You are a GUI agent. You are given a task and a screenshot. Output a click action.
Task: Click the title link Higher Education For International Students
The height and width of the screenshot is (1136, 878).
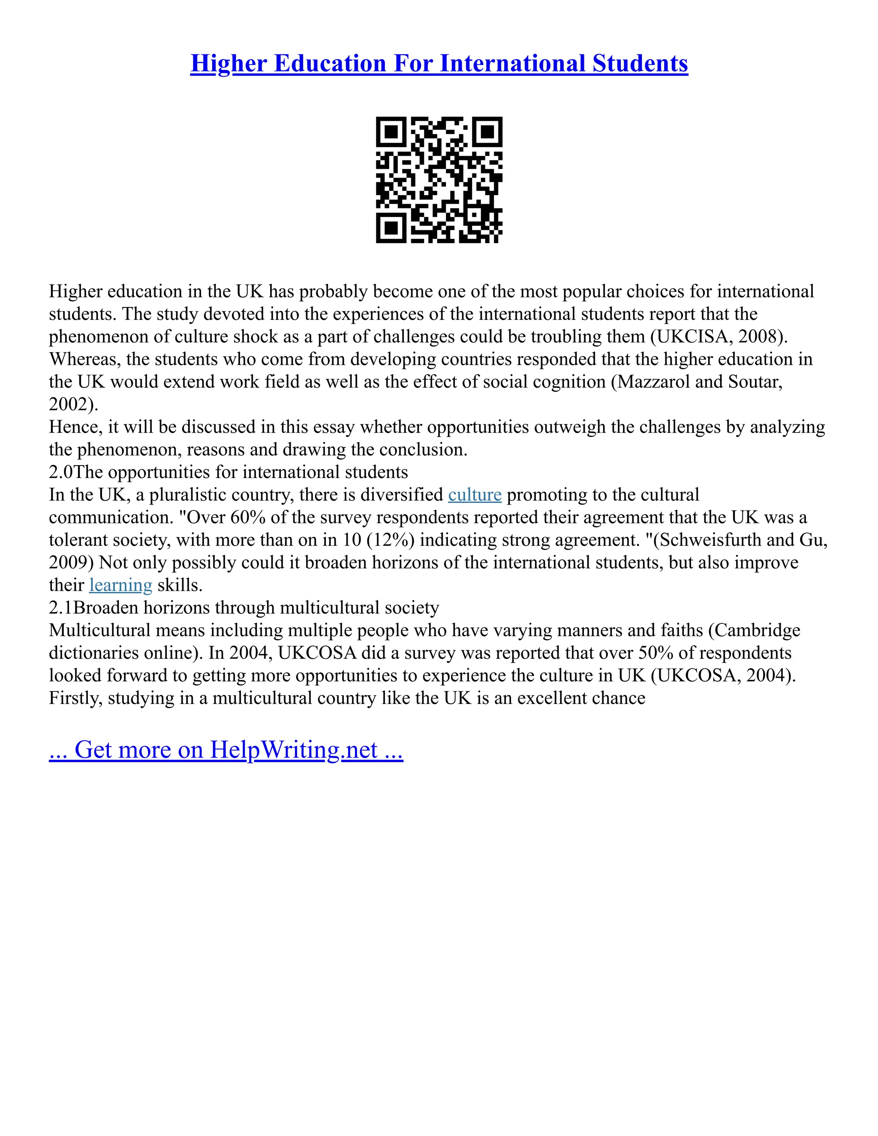[x=439, y=63]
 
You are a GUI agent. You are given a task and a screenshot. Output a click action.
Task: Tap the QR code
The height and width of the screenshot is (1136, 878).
[x=439, y=180]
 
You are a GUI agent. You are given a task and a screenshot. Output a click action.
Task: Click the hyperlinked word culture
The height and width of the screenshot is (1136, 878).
[x=475, y=495]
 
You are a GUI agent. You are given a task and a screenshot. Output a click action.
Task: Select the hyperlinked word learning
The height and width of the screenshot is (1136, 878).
[x=120, y=585]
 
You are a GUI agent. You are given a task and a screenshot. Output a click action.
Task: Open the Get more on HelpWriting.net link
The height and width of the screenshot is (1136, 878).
[x=226, y=750]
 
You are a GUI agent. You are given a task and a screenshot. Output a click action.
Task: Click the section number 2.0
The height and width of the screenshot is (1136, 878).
[x=61, y=472]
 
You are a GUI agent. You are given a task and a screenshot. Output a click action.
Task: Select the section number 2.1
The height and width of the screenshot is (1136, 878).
[x=61, y=607]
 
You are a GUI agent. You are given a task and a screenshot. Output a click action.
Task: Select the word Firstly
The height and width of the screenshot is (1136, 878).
[x=75, y=698]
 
